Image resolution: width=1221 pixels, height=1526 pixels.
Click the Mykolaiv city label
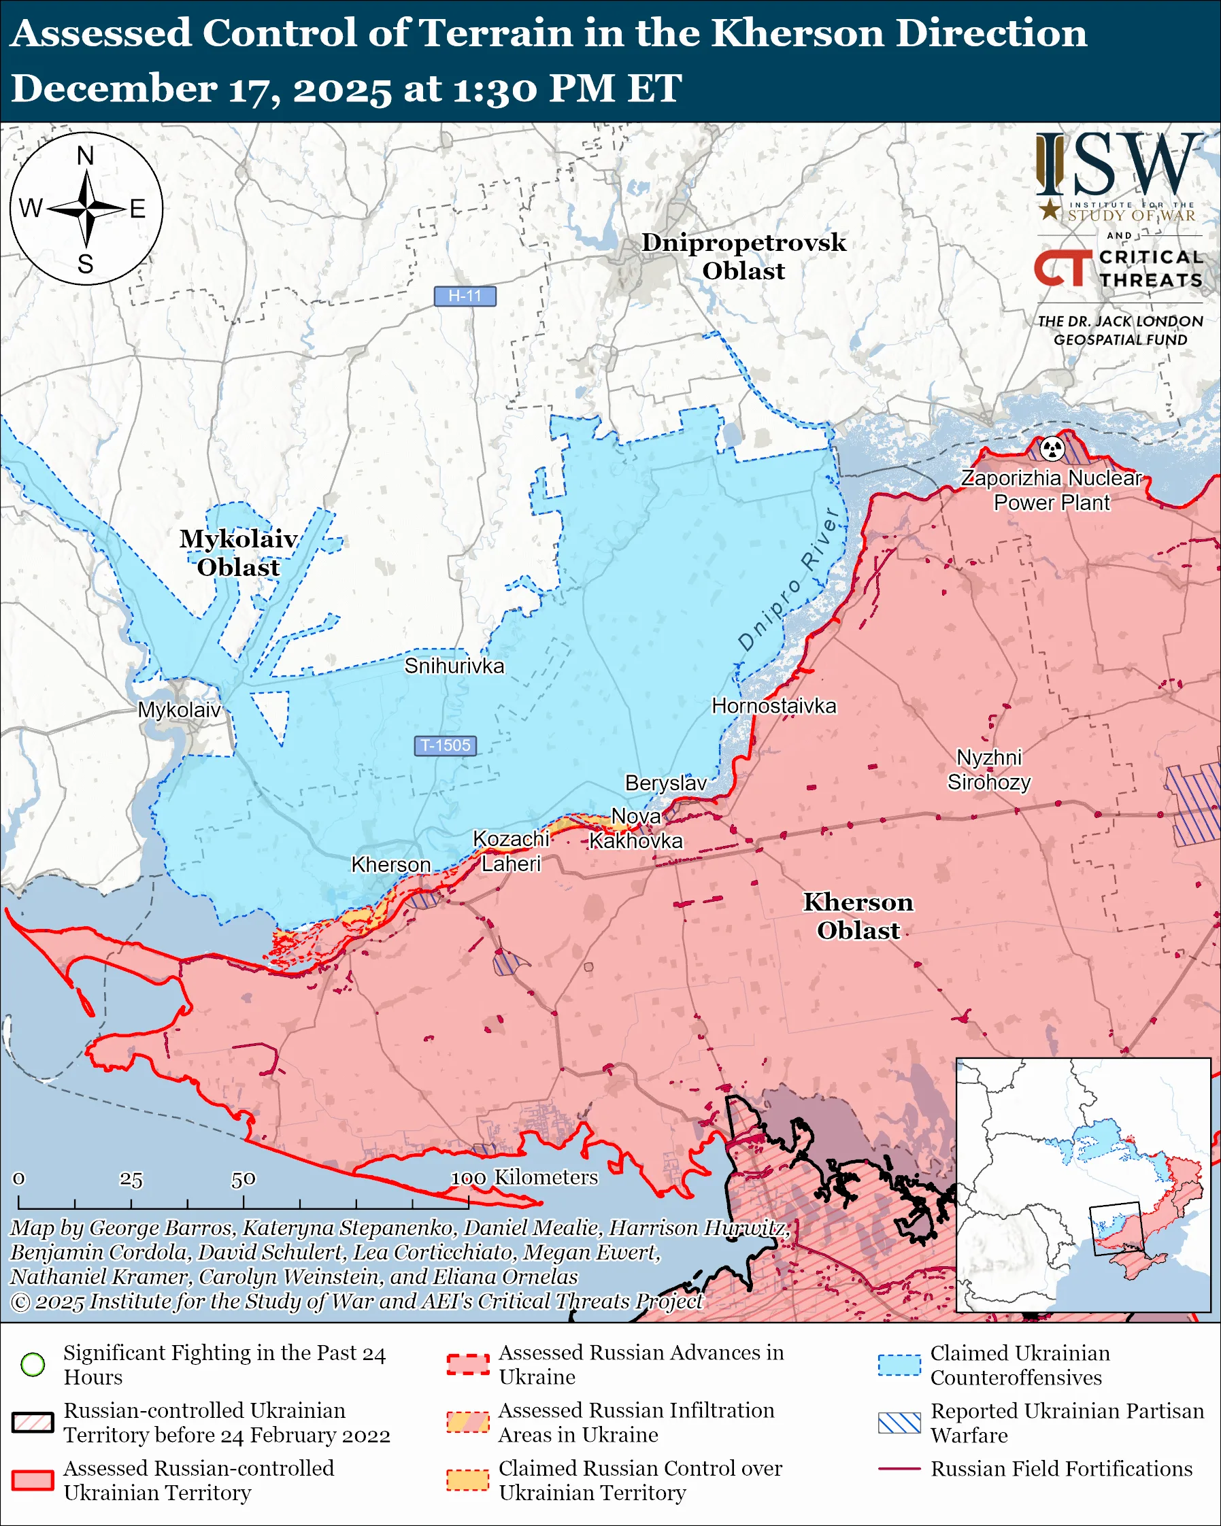pos(179,710)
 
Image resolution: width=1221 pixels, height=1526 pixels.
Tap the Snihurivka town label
pos(454,666)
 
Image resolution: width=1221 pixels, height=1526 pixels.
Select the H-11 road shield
pos(465,296)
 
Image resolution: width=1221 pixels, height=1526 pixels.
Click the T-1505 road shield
pos(446,745)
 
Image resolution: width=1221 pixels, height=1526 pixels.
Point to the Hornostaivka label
pos(773,706)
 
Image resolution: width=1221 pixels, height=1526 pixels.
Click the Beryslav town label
pos(665,783)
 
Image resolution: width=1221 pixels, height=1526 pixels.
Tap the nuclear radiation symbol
pos(1052,448)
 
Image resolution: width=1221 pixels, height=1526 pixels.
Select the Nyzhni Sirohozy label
pos(989,770)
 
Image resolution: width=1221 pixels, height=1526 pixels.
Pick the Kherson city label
pos(390,865)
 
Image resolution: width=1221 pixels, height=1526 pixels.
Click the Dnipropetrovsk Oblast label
pos(743,256)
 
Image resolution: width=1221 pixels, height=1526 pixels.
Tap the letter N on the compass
pos(86,156)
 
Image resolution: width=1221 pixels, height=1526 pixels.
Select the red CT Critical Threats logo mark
pos(1062,267)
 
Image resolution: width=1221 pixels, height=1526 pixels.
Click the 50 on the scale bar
pos(243,1179)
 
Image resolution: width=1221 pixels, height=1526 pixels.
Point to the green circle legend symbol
pos(33,1364)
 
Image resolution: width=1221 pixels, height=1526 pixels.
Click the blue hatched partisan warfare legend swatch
pos(899,1423)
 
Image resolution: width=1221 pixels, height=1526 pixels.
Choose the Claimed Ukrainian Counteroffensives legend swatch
pos(899,1365)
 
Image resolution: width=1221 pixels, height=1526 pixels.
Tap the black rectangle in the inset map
pos(1116,1228)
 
